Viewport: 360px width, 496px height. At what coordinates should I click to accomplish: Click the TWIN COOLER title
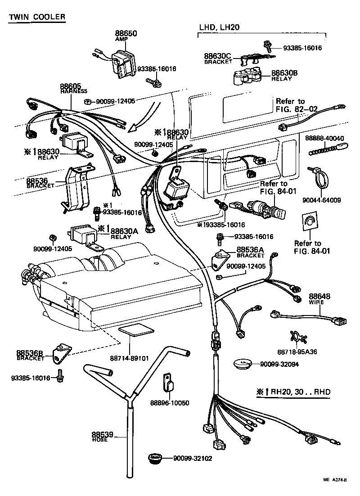(x=37, y=17)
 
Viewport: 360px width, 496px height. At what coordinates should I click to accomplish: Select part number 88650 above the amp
(x=126, y=34)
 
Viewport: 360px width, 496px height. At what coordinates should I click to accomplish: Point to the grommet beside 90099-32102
(x=157, y=459)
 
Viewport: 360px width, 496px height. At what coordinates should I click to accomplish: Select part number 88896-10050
(x=169, y=402)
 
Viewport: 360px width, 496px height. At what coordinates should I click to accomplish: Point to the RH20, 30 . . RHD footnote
(x=293, y=392)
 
